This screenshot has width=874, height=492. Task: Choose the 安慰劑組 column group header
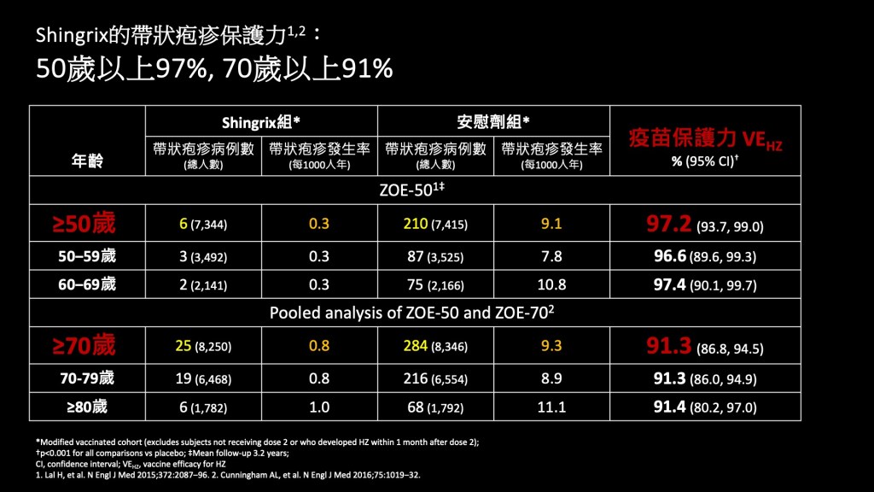point(492,121)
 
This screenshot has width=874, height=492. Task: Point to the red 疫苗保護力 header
point(681,138)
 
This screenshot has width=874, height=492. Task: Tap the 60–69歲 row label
point(86,284)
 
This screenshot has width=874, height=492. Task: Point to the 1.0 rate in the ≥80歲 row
point(319,407)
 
